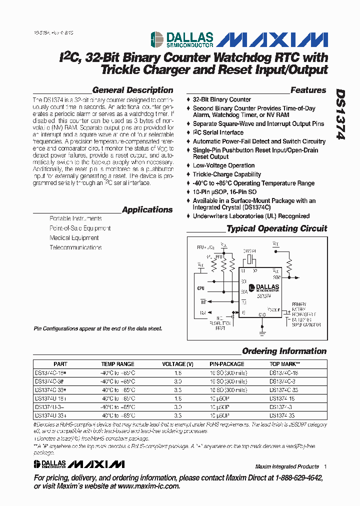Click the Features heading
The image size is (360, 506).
tap(308, 90)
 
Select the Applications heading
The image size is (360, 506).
tap(147, 210)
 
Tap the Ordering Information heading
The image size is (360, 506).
tap(284, 351)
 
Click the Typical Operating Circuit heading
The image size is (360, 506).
tap(276, 228)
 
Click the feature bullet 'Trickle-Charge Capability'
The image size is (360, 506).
tap(226, 174)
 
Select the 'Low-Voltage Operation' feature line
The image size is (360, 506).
tap(223, 165)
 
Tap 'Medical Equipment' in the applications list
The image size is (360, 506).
tap(74, 238)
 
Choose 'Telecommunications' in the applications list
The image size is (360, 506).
tap(75, 247)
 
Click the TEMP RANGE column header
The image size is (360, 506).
tap(118, 364)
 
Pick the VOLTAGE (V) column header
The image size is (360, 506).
tap(177, 364)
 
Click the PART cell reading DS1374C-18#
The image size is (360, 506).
tap(50, 372)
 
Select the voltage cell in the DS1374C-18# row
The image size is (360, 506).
tap(177, 372)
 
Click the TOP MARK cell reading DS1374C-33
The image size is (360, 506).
tap(284, 389)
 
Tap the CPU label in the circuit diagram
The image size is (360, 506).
tap(200, 288)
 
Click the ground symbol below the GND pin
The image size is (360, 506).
tap(262, 328)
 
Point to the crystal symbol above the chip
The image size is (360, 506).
tap(249, 260)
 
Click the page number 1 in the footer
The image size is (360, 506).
tap(325, 466)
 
